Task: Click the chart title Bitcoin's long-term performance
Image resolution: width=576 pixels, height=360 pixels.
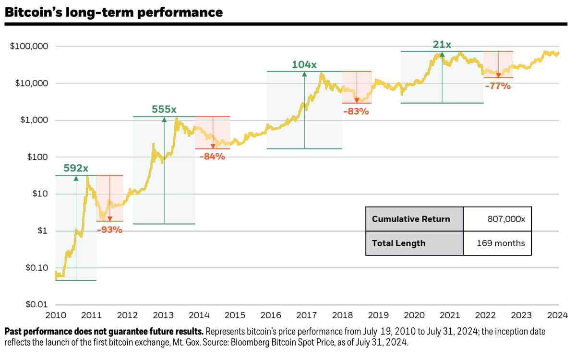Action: pos(114,12)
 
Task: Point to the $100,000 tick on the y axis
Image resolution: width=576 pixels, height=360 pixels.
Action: pos(29,46)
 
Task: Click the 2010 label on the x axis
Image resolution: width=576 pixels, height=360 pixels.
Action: pos(56,316)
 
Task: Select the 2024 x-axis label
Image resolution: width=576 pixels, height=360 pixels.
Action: pos(558,316)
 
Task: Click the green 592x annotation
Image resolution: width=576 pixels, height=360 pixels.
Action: pos(76,168)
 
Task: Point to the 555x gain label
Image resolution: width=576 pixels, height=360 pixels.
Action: pos(164,109)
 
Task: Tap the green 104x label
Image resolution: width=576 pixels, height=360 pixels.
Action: pos(304,64)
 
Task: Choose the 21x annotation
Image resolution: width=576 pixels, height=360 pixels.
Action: pos(442,45)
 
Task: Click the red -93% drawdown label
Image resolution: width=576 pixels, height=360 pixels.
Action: pos(109,229)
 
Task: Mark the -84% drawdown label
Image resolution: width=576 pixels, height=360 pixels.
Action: pos(212,156)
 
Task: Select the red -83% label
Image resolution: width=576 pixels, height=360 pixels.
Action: pos(356,111)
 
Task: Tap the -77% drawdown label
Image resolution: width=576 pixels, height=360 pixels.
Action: pos(498,86)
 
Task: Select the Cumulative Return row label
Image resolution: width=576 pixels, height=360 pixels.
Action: pos(411,219)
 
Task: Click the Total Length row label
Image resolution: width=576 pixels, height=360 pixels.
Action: pos(398,243)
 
